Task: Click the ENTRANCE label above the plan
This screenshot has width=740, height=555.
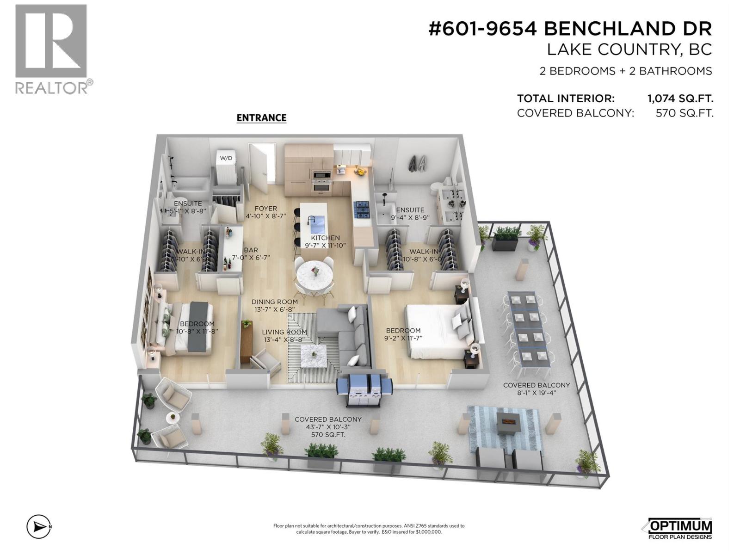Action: [x=261, y=118]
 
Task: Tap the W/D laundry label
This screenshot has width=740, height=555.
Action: [x=226, y=158]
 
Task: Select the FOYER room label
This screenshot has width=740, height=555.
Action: [x=265, y=209]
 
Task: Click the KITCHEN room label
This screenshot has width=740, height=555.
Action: [x=325, y=238]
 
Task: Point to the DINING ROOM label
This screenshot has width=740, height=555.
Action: [x=274, y=302]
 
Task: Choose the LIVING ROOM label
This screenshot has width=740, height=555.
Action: [x=284, y=332]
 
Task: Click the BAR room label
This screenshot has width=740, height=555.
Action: [x=251, y=250]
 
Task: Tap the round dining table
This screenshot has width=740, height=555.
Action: [x=314, y=273]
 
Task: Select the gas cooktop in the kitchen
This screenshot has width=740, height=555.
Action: [x=361, y=209]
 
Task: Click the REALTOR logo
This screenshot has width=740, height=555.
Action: [x=51, y=49]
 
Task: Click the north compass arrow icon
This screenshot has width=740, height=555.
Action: [x=39, y=526]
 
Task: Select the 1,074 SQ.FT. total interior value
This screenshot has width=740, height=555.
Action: [x=680, y=99]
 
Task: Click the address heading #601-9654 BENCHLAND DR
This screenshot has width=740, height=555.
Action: [x=570, y=29]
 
